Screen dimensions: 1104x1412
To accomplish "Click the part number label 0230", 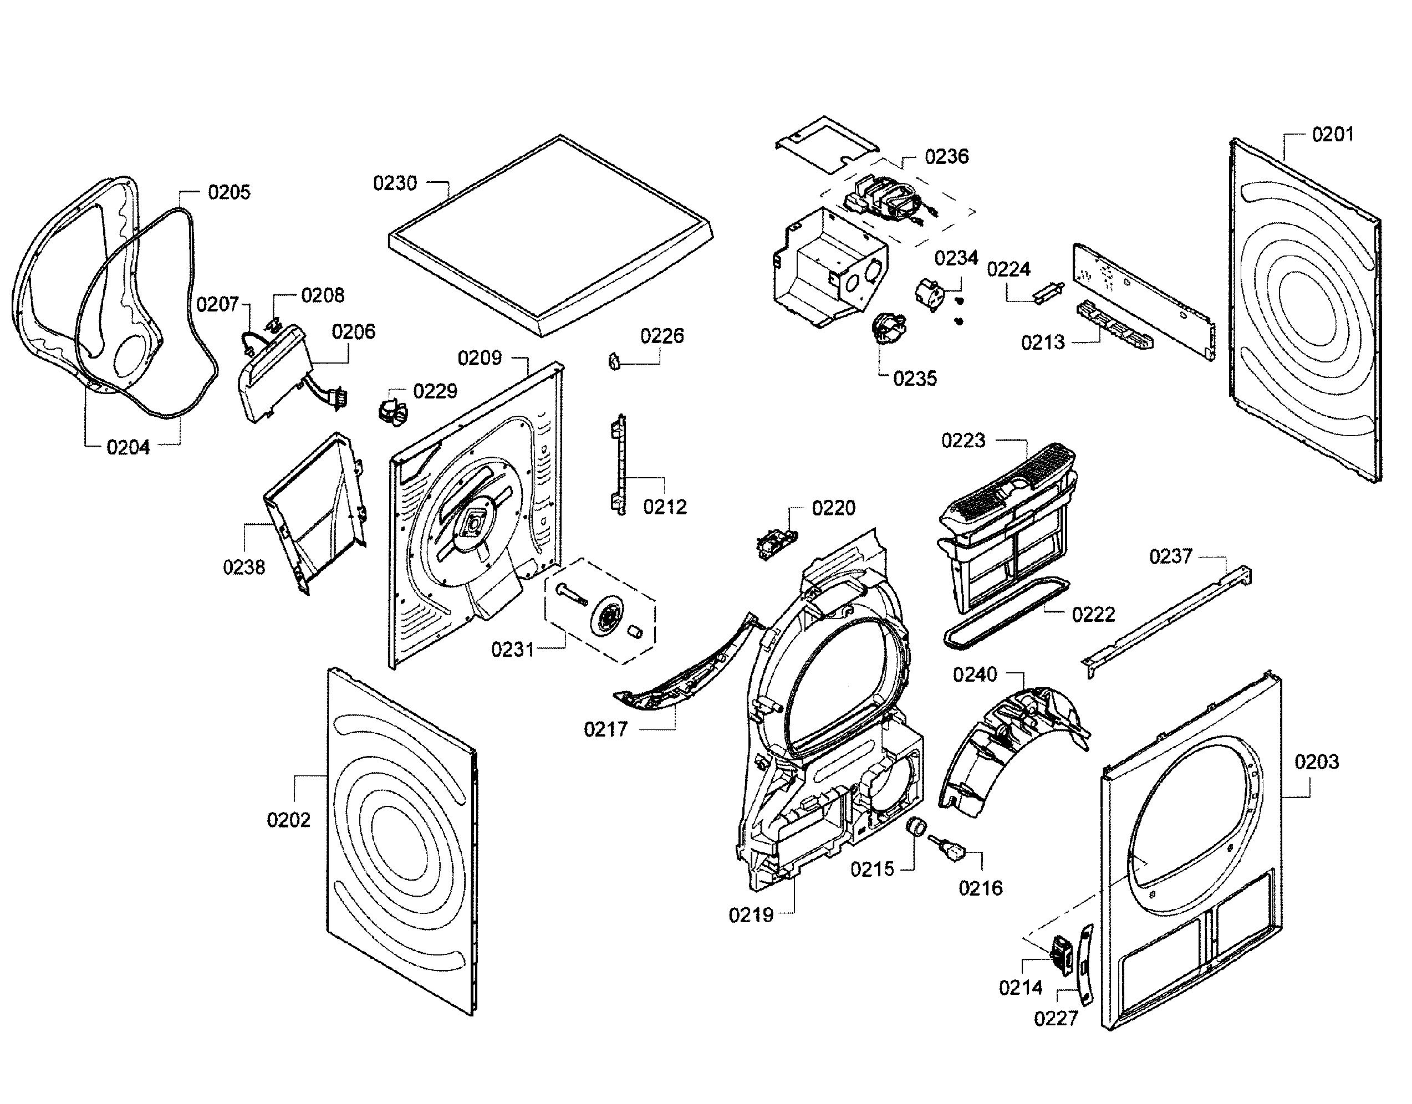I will [395, 183].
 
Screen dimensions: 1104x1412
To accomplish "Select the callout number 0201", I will [1333, 135].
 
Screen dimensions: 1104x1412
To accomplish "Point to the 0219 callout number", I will [751, 915].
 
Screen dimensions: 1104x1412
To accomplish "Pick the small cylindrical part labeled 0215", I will [915, 826].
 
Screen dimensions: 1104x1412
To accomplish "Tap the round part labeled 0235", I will [888, 330].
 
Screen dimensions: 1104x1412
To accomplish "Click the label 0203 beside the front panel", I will [1316, 762].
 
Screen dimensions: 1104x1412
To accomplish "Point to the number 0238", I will [244, 568].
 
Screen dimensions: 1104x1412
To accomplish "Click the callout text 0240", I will [975, 675].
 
